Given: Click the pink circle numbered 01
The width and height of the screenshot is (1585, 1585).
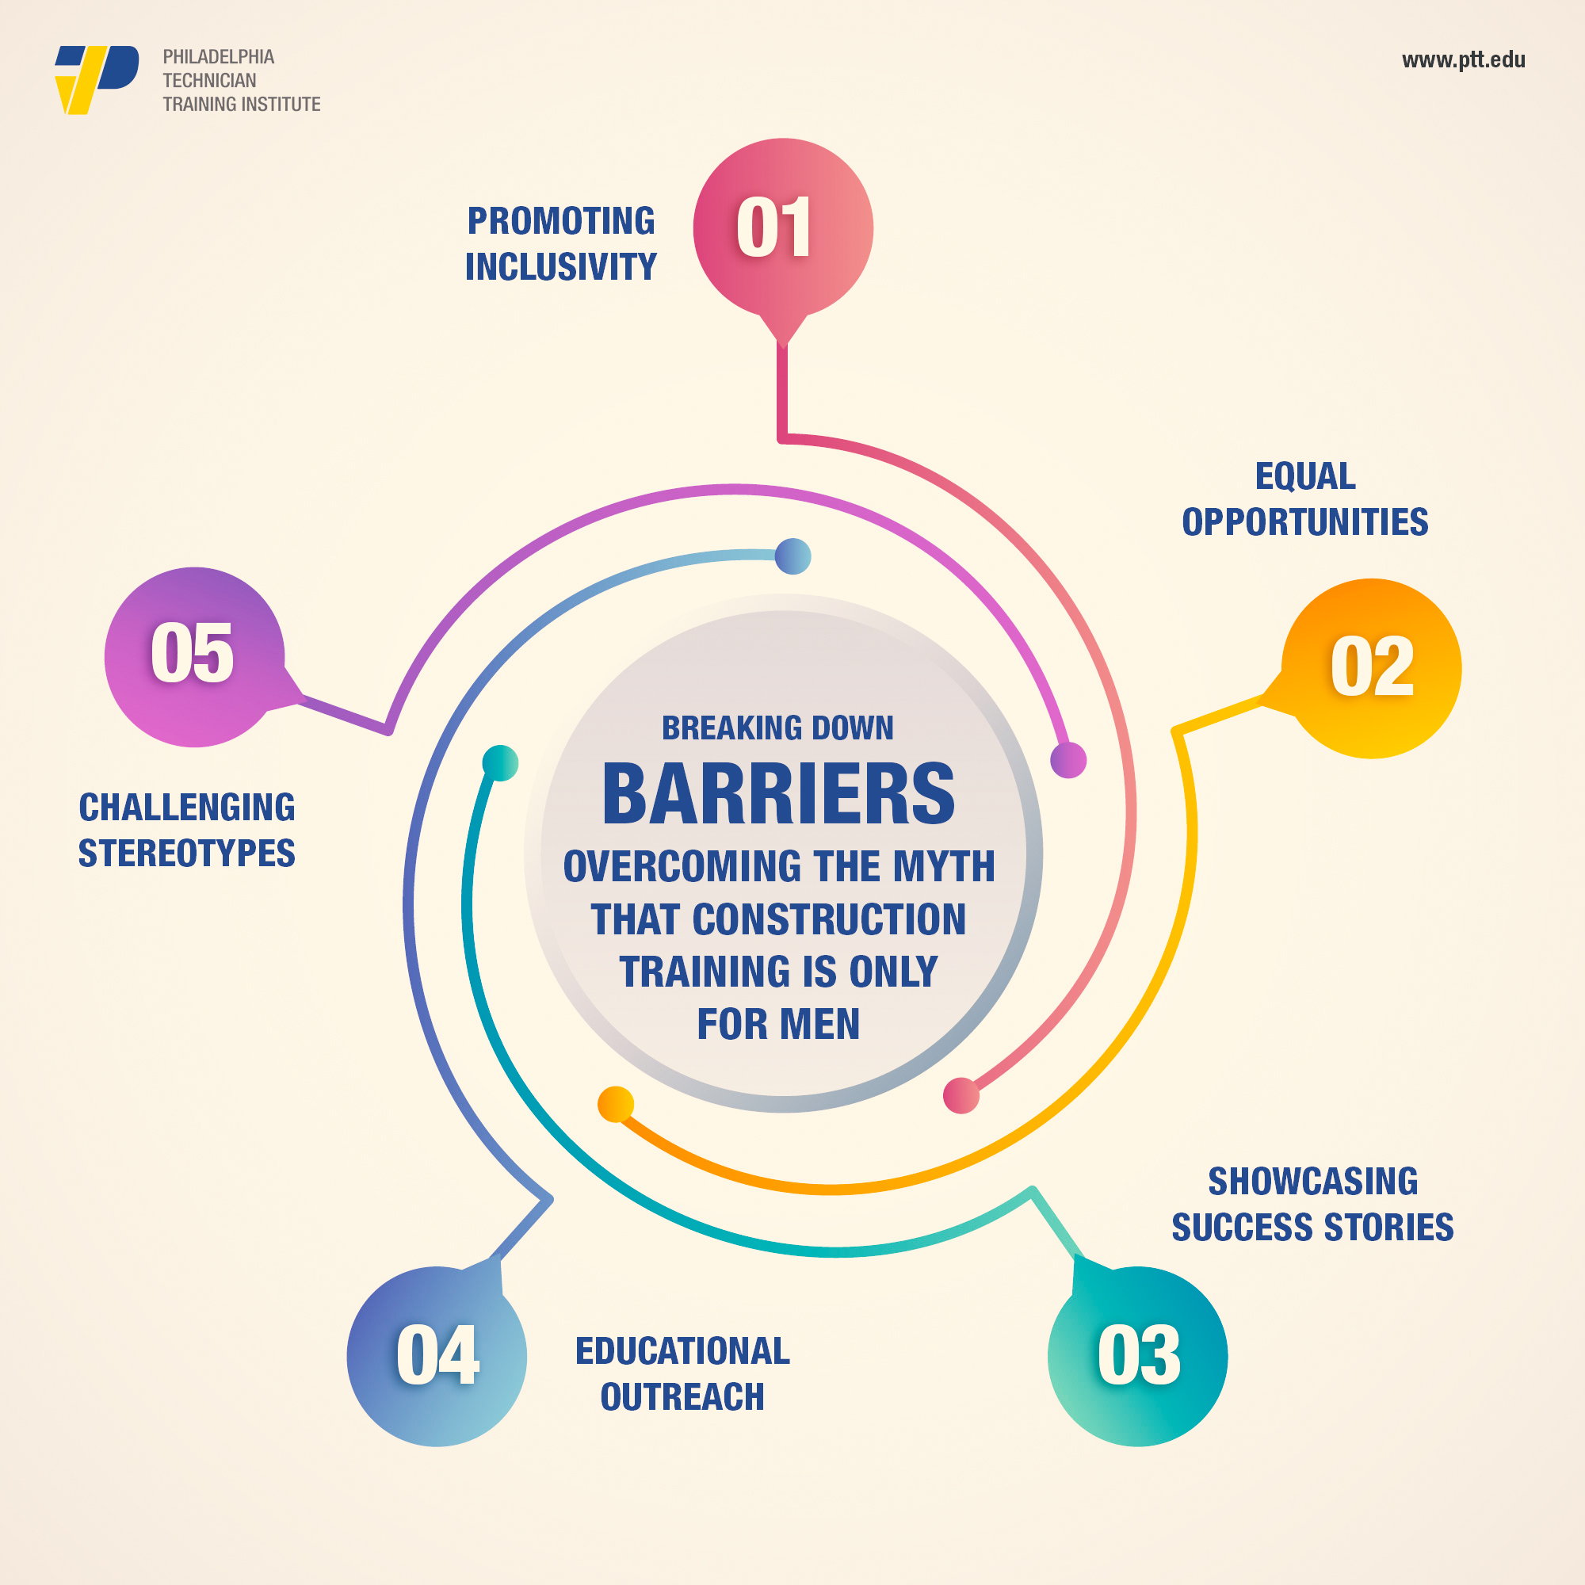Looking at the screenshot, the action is click(783, 228).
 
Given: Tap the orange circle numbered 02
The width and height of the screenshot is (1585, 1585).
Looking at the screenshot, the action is click(1372, 669).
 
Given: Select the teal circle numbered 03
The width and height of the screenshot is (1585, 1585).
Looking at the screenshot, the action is click(1138, 1356).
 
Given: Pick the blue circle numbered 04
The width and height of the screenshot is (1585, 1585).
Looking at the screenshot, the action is click(437, 1356).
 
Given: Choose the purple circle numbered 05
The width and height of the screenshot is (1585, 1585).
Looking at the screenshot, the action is click(194, 657).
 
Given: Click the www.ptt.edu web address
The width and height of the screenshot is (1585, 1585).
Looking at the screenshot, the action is click(1464, 60).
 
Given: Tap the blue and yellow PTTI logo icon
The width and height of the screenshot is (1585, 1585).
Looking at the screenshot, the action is click(97, 79).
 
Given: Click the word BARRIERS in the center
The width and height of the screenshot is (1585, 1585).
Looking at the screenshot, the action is click(778, 793).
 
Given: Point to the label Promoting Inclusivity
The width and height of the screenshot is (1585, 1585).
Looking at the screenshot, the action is click(561, 243).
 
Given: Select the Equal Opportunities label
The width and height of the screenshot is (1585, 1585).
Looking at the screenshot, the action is click(1305, 498).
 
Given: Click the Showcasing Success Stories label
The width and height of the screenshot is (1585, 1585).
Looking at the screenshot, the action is click(1312, 1205).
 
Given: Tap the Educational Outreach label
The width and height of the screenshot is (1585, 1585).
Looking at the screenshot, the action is click(682, 1374).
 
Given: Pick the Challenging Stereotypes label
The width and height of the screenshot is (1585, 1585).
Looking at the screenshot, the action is click(187, 831).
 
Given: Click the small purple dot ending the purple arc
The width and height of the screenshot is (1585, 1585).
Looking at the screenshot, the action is click(1068, 760).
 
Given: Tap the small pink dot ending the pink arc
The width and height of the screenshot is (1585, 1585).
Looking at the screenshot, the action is click(961, 1095).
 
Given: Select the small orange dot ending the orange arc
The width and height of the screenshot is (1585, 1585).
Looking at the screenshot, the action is click(615, 1103).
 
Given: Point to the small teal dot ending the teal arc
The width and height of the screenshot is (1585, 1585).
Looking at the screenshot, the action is click(500, 763).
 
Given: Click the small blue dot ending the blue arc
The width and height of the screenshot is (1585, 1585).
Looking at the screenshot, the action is click(792, 556).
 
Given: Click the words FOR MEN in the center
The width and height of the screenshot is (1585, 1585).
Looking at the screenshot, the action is click(778, 1024).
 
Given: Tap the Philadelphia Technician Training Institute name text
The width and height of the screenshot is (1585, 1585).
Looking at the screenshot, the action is click(241, 80).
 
